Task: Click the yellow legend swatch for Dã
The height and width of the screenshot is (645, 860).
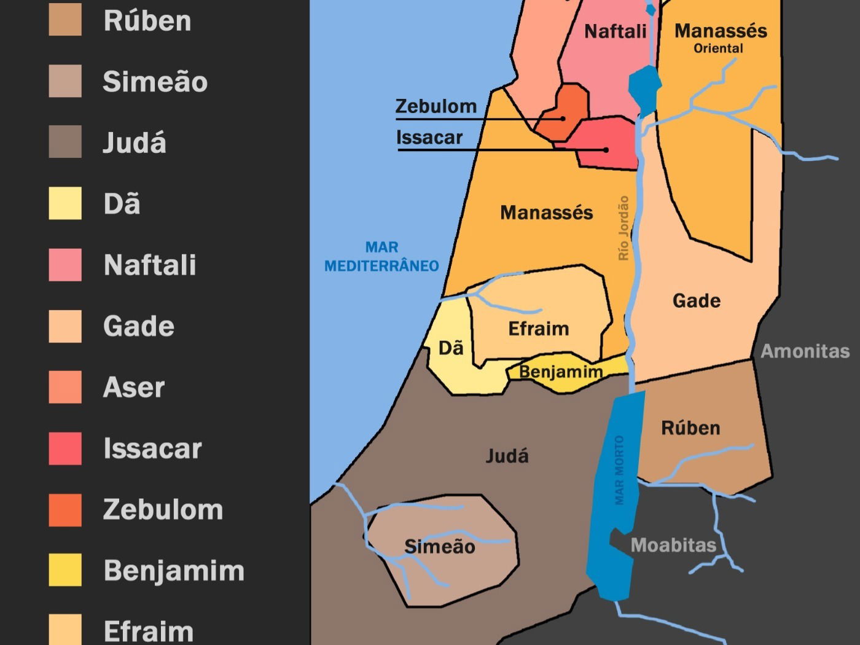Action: click(x=65, y=203)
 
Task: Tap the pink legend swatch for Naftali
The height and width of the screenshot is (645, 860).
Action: click(x=65, y=265)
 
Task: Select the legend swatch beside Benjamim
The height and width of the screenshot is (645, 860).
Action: click(x=65, y=569)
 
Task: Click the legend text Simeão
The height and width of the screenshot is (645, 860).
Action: click(x=155, y=82)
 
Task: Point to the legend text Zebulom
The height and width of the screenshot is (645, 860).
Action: click(x=163, y=510)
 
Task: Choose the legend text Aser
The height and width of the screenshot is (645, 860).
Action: click(x=134, y=388)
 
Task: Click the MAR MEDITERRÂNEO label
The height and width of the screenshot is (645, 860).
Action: click(x=381, y=257)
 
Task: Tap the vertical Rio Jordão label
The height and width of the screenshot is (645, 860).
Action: click(x=623, y=228)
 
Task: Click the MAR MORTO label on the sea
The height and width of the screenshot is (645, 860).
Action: click(x=619, y=471)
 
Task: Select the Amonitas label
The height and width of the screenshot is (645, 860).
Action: click(x=805, y=351)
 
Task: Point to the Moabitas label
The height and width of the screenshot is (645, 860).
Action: click(x=673, y=545)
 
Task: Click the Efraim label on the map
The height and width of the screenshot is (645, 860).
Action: click(x=538, y=329)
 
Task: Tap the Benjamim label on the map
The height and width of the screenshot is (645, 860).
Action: click(x=560, y=372)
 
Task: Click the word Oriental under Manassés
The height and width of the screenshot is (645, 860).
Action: click(x=718, y=49)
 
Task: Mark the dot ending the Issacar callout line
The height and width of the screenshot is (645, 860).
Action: click(x=606, y=149)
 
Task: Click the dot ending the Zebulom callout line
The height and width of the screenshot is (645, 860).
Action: click(x=562, y=118)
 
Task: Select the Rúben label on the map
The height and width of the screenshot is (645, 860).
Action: click(x=690, y=428)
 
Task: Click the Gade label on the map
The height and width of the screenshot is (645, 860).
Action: click(x=697, y=301)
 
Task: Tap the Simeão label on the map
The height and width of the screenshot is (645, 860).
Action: click(x=440, y=547)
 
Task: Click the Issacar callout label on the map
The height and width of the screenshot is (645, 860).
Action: click(x=429, y=138)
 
